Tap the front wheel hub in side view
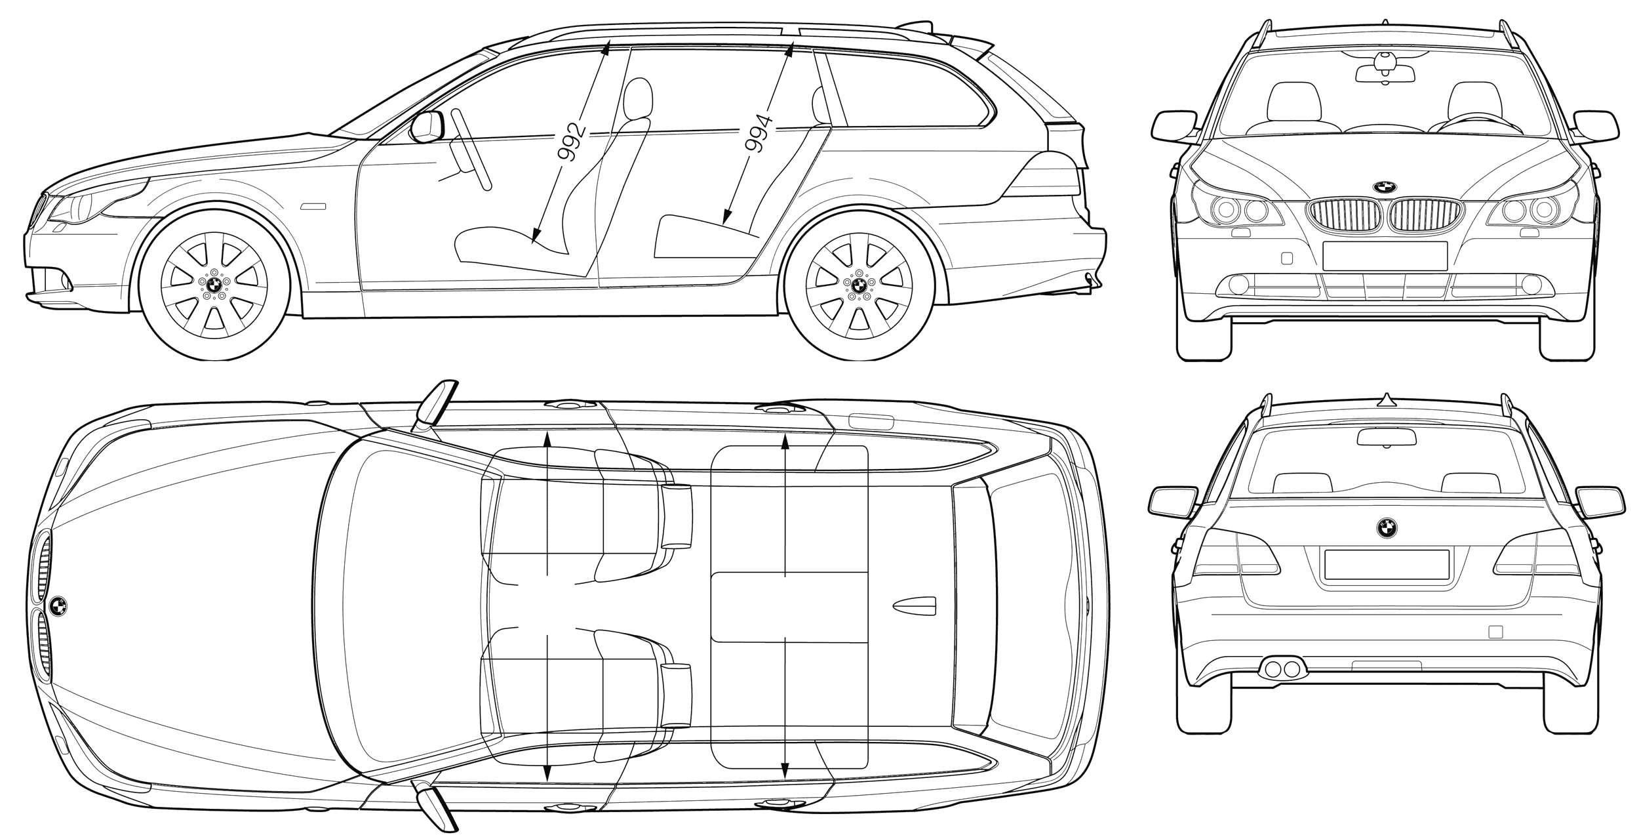pos(214,284)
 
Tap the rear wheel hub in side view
pos(858,284)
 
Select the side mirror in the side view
pos(427,127)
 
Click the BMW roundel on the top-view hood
pos(58,606)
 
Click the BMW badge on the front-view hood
pos(1385,186)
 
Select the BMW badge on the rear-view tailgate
pos(1387,527)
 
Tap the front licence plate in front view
pos(1385,256)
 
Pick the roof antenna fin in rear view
pos(1386,398)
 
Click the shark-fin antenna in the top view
pos(915,607)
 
